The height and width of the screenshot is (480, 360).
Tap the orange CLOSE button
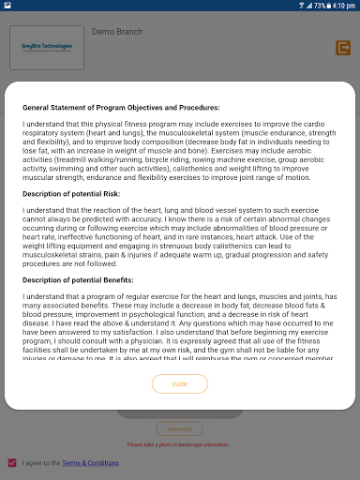(x=180, y=384)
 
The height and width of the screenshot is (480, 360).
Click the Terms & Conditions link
(x=91, y=463)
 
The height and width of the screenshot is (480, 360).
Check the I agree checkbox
(x=12, y=463)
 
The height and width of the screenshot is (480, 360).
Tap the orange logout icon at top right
(x=342, y=48)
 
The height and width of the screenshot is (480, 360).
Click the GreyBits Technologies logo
(x=46, y=46)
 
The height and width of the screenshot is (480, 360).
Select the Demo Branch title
(x=117, y=32)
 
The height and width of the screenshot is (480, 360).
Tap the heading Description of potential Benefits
(x=91, y=279)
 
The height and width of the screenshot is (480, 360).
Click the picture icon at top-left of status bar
(x=7, y=6)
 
